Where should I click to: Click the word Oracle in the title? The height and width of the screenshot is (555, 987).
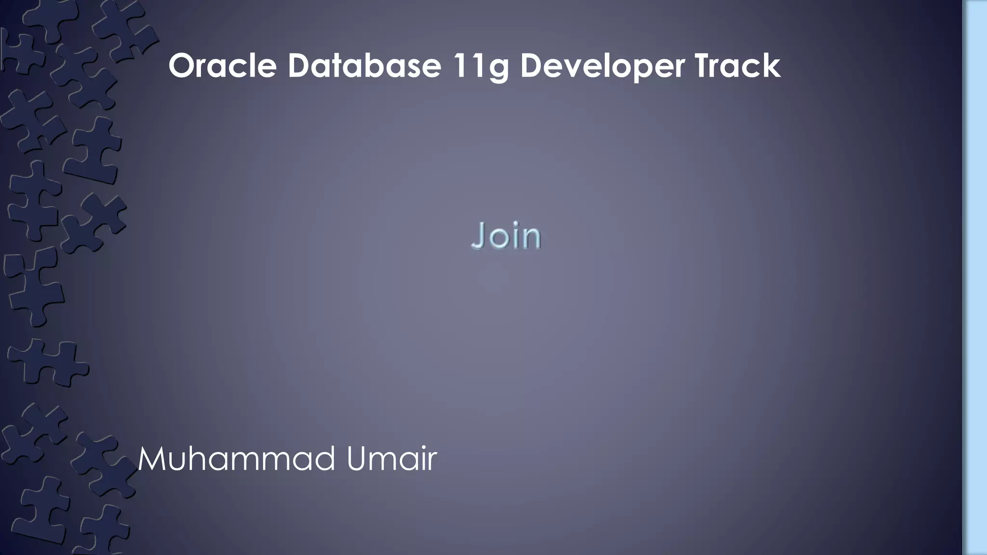pyautogui.click(x=223, y=66)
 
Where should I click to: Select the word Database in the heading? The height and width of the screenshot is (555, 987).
pyautogui.click(x=364, y=66)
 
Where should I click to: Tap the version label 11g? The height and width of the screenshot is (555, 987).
pyautogui.click(x=480, y=67)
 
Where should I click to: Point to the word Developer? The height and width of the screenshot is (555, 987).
pyautogui.click(x=602, y=67)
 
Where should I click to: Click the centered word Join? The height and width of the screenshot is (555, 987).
pyautogui.click(x=506, y=236)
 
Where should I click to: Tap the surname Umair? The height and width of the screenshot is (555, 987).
pyautogui.click(x=391, y=459)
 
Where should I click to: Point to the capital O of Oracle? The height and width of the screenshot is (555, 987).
pyautogui.click(x=183, y=66)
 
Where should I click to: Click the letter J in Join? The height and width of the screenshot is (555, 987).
pyautogui.click(x=478, y=236)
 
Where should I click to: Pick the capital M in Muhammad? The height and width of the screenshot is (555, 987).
pyautogui.click(x=153, y=459)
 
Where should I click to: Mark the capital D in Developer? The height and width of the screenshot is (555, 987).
pyautogui.click(x=532, y=66)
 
